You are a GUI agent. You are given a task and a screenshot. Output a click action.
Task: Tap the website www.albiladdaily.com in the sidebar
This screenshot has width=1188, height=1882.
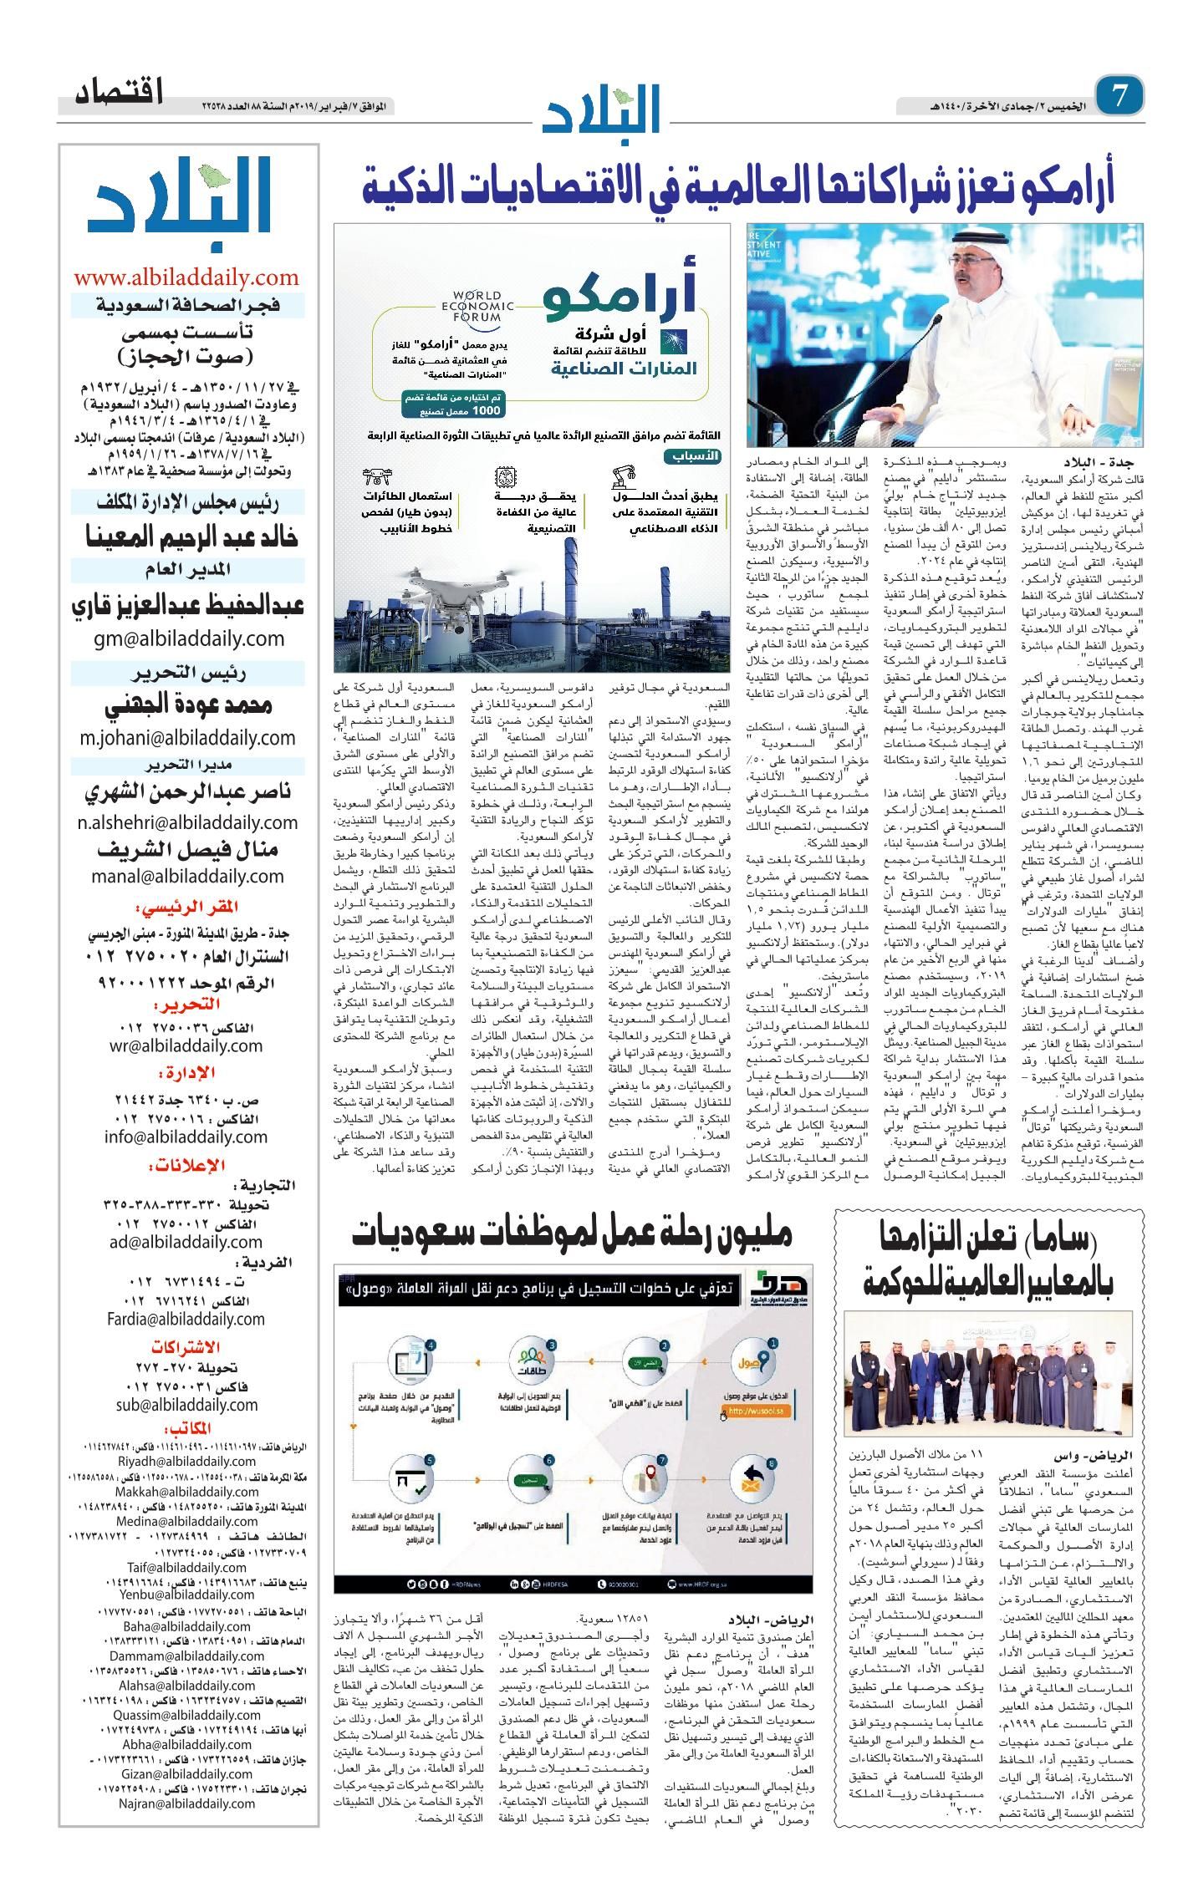(186, 277)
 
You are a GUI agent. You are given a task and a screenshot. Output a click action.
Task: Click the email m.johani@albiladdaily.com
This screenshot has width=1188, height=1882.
(187, 737)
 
